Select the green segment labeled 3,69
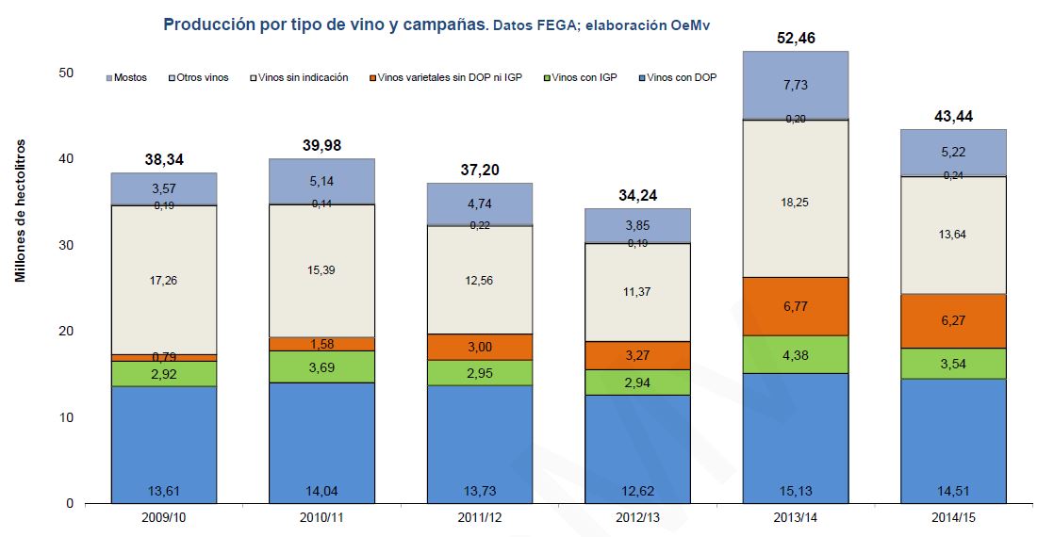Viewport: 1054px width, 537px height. tap(322, 366)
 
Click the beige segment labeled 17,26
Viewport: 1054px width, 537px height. tap(164, 279)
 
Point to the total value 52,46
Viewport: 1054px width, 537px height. tap(795, 39)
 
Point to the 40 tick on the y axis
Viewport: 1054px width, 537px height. tap(66, 159)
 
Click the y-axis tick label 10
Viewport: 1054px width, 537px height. tap(66, 417)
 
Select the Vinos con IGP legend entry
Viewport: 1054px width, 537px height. tap(585, 78)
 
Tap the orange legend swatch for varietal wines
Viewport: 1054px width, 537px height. tap(373, 78)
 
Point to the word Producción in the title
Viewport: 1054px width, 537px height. tap(209, 24)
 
